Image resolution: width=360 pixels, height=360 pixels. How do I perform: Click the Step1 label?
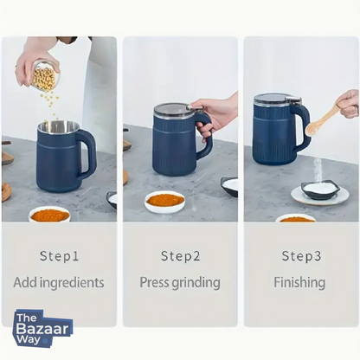click(x=59, y=256)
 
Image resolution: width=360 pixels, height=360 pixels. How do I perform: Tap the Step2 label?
click(x=180, y=256)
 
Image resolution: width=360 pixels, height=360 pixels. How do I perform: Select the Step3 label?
click(x=300, y=256)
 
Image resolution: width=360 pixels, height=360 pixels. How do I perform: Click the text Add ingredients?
click(x=59, y=282)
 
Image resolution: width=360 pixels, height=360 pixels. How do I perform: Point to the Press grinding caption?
click(x=180, y=282)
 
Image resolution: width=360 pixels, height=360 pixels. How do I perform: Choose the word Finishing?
click(x=300, y=282)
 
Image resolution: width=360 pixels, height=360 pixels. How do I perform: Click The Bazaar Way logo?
click(x=42, y=329)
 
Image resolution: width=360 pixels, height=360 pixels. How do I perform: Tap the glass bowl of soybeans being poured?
click(x=42, y=76)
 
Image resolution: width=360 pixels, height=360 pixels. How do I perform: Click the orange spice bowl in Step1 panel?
click(x=49, y=214)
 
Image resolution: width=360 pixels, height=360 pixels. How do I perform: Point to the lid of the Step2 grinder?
click(x=176, y=110)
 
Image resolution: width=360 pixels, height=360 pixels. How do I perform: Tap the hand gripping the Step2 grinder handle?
click(x=215, y=112)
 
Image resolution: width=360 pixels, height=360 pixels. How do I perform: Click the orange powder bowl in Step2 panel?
click(x=164, y=201)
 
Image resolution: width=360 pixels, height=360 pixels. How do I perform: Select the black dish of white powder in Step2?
click(x=230, y=185)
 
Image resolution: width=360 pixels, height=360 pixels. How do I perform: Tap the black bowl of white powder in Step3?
click(x=319, y=190)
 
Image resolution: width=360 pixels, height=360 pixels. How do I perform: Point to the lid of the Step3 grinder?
click(x=277, y=99)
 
